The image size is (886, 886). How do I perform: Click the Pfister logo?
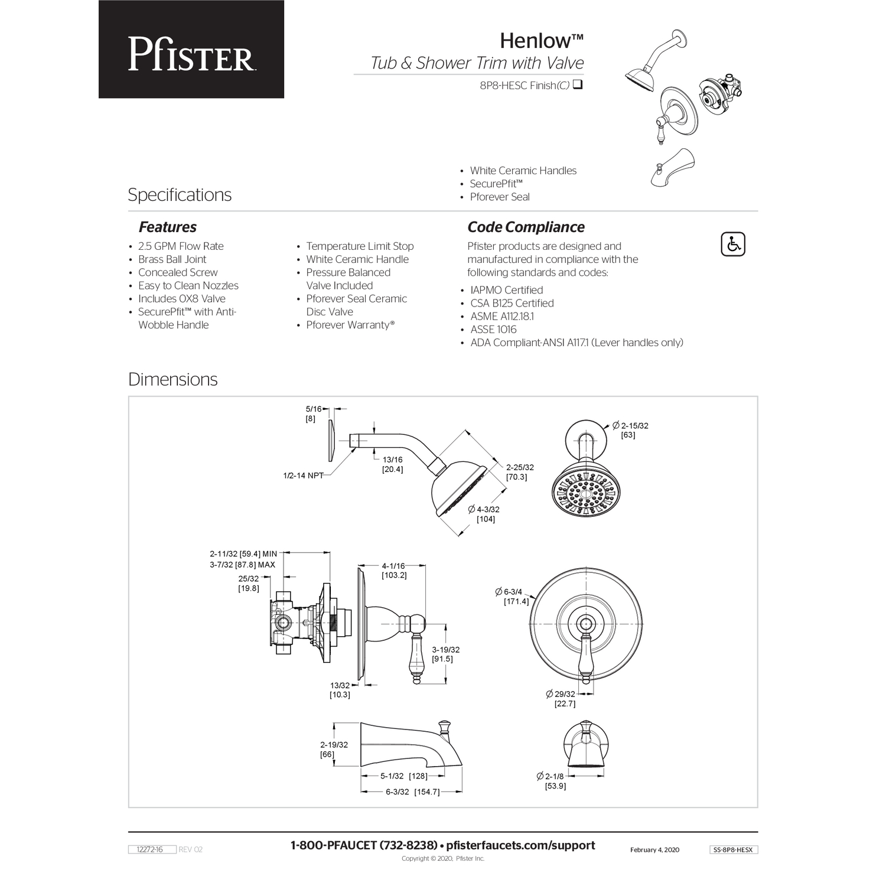click(191, 54)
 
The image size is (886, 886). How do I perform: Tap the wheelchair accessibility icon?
click(733, 245)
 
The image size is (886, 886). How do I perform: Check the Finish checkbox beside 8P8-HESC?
click(578, 84)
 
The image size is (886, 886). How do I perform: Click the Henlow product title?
click(542, 41)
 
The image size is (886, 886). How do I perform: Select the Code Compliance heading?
click(526, 227)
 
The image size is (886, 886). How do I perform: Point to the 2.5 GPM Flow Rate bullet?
click(181, 246)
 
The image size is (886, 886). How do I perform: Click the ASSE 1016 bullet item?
click(493, 330)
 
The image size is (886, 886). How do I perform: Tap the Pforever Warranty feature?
click(350, 325)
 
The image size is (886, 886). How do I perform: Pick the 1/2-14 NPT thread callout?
click(304, 475)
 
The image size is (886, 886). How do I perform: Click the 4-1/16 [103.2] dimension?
click(394, 571)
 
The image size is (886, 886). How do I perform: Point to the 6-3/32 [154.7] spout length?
click(412, 792)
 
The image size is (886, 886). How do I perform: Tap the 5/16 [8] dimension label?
click(313, 413)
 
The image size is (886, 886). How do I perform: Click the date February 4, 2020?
click(654, 850)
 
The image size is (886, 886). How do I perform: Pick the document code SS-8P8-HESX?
click(733, 849)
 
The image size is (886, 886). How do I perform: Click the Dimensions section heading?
click(172, 379)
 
